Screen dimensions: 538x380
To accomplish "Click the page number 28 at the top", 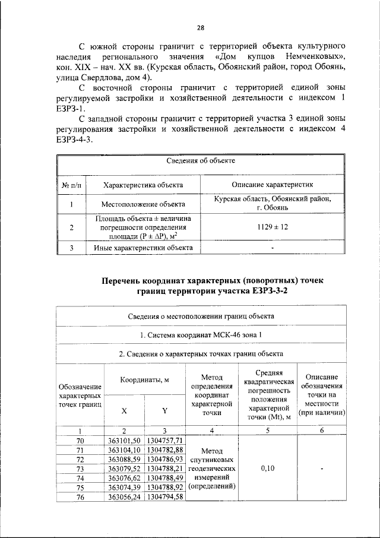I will [201, 27].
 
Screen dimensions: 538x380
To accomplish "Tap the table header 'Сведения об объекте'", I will [200, 161].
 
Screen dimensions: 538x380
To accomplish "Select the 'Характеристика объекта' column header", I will [143, 185].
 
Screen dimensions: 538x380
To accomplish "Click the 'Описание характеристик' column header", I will [273, 185].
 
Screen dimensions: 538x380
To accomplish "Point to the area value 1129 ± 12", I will [273, 227].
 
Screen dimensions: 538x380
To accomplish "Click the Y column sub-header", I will [164, 410].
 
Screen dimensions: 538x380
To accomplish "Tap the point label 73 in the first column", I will [81, 469].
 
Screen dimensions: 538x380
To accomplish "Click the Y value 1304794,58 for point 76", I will [164, 497].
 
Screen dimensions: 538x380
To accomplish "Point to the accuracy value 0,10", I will [267, 469].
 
